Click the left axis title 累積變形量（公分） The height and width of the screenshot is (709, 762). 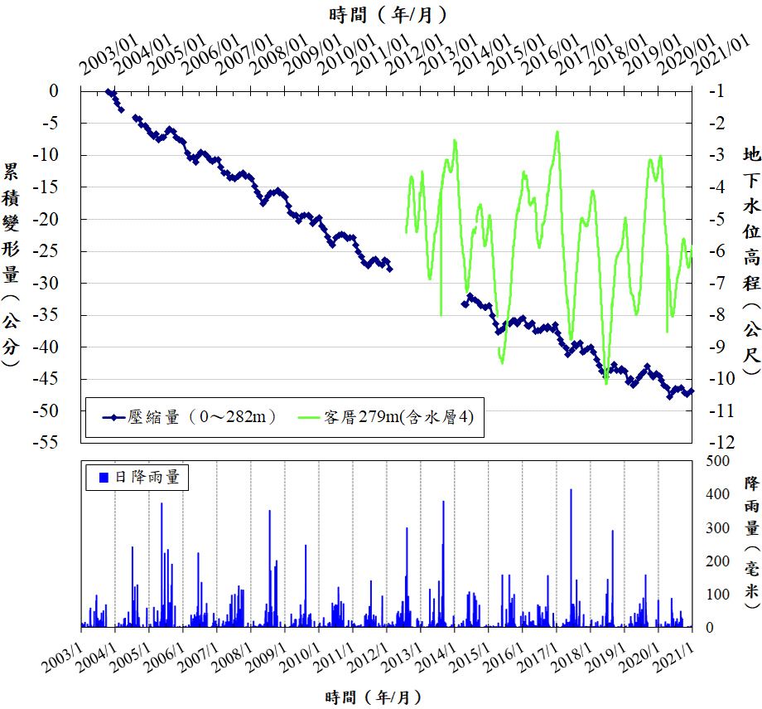click(x=12, y=265)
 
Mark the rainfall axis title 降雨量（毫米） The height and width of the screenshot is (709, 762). click(x=751, y=543)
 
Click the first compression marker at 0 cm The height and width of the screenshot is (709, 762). click(x=109, y=91)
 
